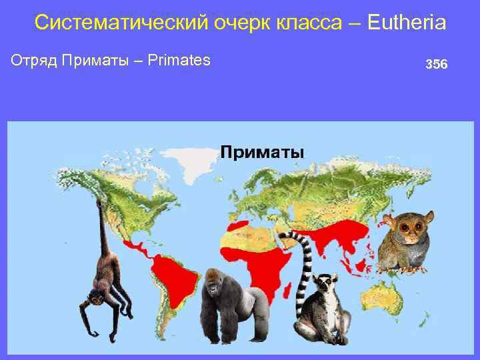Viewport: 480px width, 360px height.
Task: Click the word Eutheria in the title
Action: point(406,23)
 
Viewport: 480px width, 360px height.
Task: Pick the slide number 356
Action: point(437,65)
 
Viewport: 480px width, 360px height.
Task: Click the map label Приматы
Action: point(262,152)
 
